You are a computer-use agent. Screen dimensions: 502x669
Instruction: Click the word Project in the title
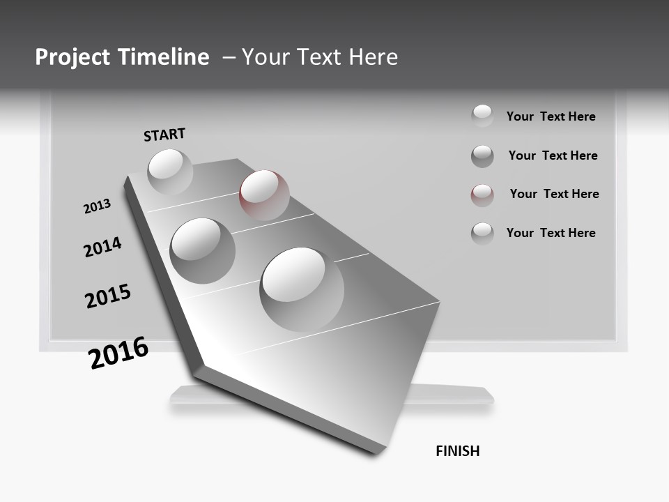[x=71, y=57]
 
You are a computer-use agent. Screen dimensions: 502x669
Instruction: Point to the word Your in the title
[x=266, y=57]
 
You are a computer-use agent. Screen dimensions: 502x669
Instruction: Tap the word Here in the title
[x=371, y=57]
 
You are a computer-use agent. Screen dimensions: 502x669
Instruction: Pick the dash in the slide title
[x=229, y=57]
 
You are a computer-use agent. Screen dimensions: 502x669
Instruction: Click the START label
[x=164, y=135]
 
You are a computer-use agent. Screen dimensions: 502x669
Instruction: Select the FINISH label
[x=457, y=451]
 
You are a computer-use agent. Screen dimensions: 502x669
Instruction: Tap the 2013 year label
[x=97, y=206]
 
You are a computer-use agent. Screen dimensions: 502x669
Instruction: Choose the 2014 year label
[x=102, y=247]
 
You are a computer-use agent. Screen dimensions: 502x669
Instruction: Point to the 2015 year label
[x=108, y=296]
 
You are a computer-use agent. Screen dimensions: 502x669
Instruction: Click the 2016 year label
[x=118, y=353]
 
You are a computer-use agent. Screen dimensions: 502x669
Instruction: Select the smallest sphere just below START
[x=170, y=172]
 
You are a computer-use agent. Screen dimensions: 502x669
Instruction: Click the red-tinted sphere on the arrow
[x=264, y=195]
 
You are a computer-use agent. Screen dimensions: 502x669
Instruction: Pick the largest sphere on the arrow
[x=302, y=289]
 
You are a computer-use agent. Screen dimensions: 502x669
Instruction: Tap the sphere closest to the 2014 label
[x=202, y=250]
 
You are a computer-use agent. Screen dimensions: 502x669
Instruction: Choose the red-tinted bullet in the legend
[x=482, y=195]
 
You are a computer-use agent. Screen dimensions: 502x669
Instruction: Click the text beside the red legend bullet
[x=554, y=194]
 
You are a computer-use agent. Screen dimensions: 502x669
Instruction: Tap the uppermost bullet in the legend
[x=482, y=116]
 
